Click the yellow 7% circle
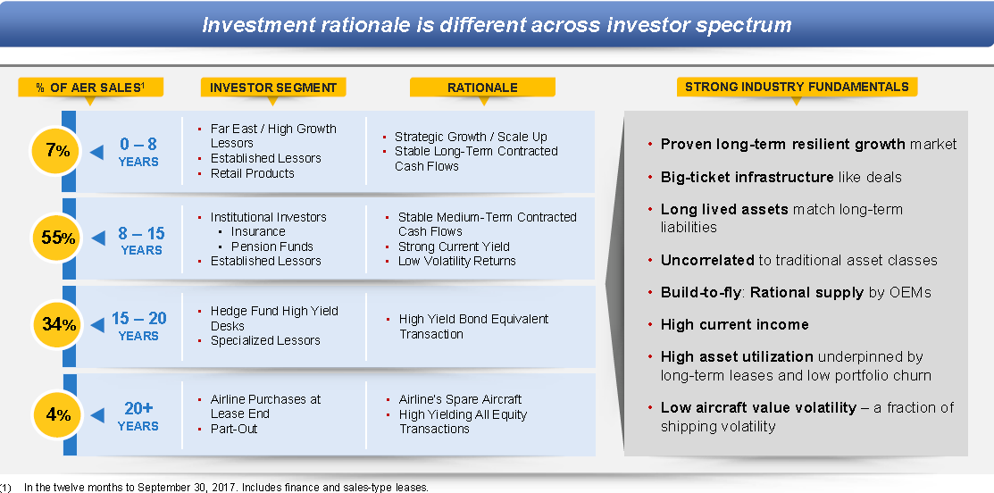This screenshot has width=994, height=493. click(x=58, y=151)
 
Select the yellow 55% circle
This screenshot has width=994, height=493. click(x=58, y=238)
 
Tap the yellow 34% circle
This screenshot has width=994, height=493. click(x=58, y=325)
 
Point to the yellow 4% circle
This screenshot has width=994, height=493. click(x=58, y=415)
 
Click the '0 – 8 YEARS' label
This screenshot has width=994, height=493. click(x=138, y=152)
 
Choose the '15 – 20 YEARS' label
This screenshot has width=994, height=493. click(x=138, y=326)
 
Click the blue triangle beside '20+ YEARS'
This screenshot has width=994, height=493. click(x=97, y=415)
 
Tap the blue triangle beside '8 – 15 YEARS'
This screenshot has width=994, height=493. click(x=97, y=238)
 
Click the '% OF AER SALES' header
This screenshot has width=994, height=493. click(x=91, y=88)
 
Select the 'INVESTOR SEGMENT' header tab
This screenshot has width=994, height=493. click(x=273, y=88)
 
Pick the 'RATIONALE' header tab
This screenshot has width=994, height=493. click(x=482, y=88)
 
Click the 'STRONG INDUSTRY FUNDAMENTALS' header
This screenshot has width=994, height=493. click(x=797, y=87)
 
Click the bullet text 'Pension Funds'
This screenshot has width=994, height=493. click(x=272, y=246)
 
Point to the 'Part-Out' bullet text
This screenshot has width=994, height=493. click(x=234, y=429)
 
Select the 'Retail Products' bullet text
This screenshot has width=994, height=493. click(x=253, y=173)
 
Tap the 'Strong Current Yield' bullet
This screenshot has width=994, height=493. click(x=454, y=246)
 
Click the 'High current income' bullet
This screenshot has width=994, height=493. click(x=735, y=324)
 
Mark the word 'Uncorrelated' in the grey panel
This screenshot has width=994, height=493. click(x=707, y=260)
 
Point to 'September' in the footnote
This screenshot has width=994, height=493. click(x=163, y=488)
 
